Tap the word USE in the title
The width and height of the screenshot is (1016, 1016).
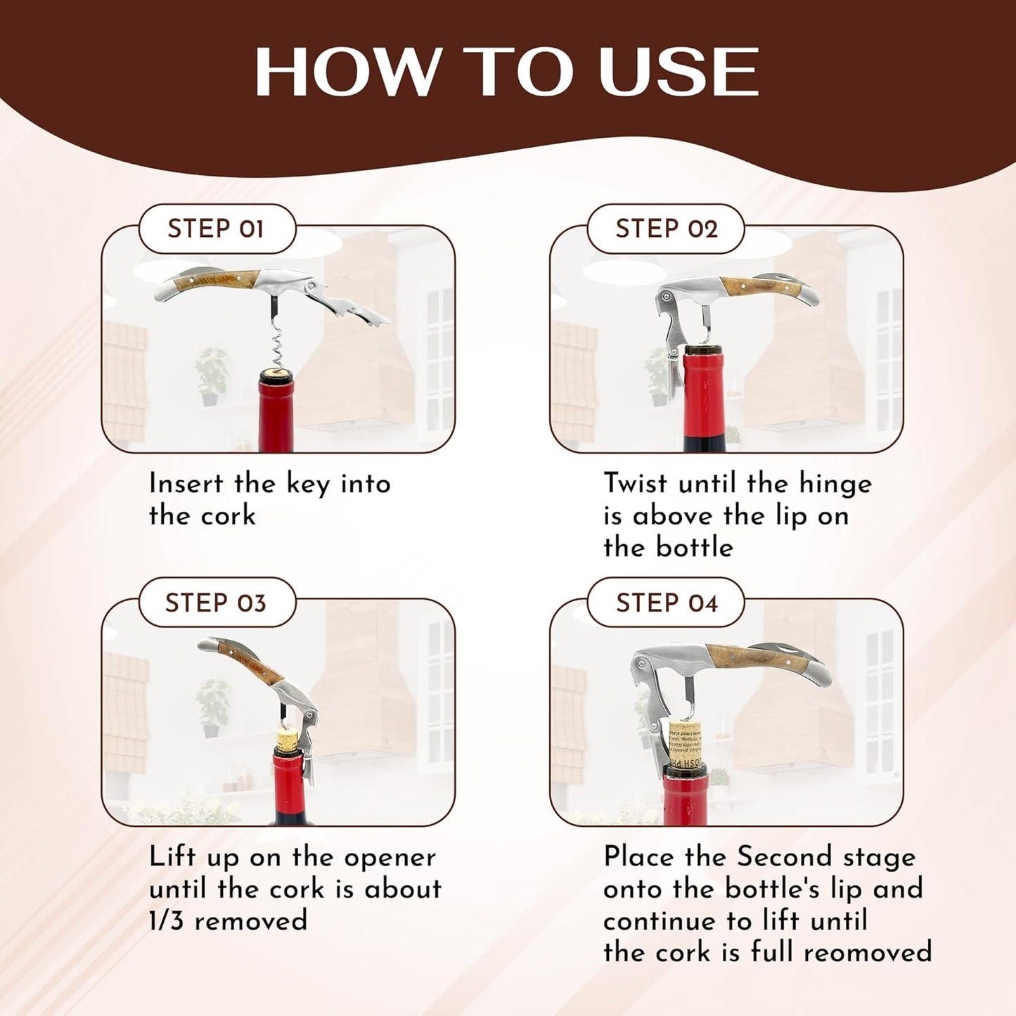[679, 72]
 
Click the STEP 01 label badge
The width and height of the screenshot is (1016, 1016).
[217, 229]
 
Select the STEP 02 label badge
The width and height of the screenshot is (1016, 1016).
[665, 229]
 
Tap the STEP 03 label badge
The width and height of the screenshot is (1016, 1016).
[217, 603]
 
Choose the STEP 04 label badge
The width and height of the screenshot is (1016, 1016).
[665, 603]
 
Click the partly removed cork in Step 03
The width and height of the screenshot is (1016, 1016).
[286, 741]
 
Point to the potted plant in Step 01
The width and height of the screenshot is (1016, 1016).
[210, 375]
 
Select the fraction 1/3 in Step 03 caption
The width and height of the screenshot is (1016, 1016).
[167, 921]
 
